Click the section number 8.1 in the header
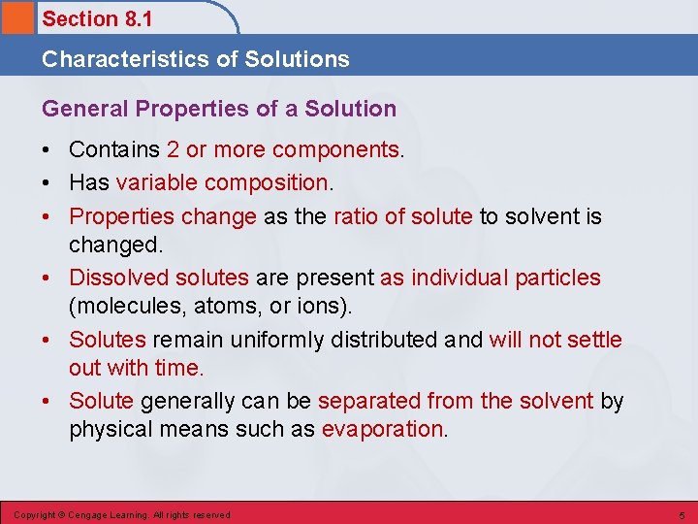[x=136, y=18]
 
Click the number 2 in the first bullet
[x=173, y=150]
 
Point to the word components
[x=336, y=150]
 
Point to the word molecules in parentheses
[x=119, y=306]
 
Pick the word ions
[x=331, y=306]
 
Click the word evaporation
[x=383, y=430]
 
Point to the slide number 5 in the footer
[x=682, y=514]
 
